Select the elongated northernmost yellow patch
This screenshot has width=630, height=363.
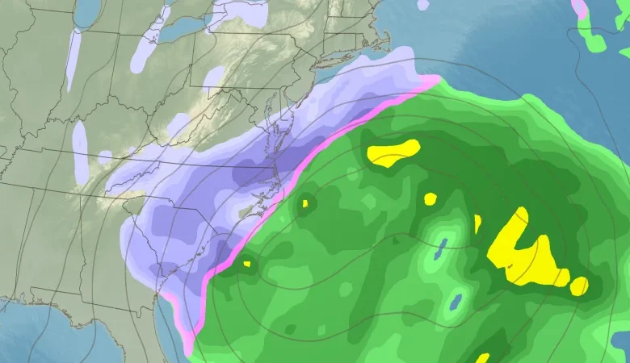[393, 152]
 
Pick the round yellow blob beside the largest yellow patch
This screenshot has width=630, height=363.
[579, 286]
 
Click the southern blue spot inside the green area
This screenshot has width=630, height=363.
[455, 303]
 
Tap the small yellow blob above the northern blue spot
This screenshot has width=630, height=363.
[430, 198]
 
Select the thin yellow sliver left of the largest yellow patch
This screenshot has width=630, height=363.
[477, 223]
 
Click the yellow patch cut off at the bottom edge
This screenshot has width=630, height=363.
[482, 357]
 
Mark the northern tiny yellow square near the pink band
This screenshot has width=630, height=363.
[305, 203]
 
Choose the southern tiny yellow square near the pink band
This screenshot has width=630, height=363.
[247, 264]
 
